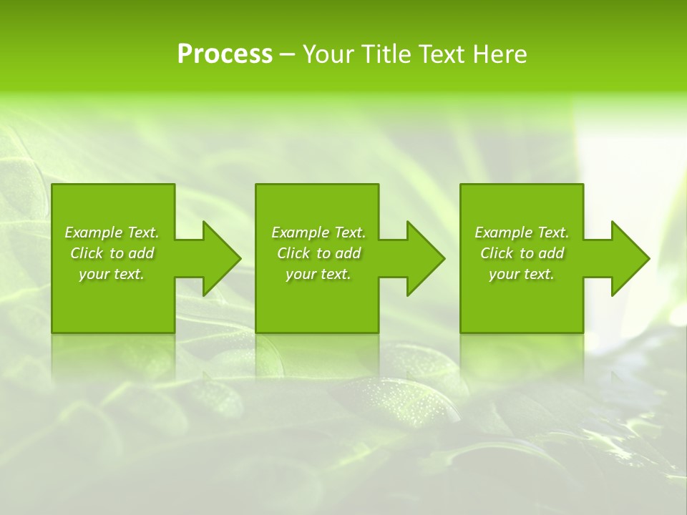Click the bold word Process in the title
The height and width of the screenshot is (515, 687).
pyautogui.click(x=225, y=54)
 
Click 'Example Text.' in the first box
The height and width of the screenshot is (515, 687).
pyautogui.click(x=112, y=232)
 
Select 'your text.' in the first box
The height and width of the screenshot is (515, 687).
pyautogui.click(x=112, y=274)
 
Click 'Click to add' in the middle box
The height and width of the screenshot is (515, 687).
pyautogui.click(x=318, y=253)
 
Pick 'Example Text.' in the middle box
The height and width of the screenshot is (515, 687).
pyautogui.click(x=318, y=232)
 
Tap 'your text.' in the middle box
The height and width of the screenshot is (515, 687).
pyautogui.click(x=318, y=274)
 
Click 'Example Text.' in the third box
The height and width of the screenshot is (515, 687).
pyautogui.click(x=522, y=232)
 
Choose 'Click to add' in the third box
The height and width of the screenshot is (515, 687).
pyautogui.click(x=522, y=253)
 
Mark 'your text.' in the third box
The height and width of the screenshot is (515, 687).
pyautogui.click(x=522, y=274)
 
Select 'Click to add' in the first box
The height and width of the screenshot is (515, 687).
pyautogui.click(x=112, y=253)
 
